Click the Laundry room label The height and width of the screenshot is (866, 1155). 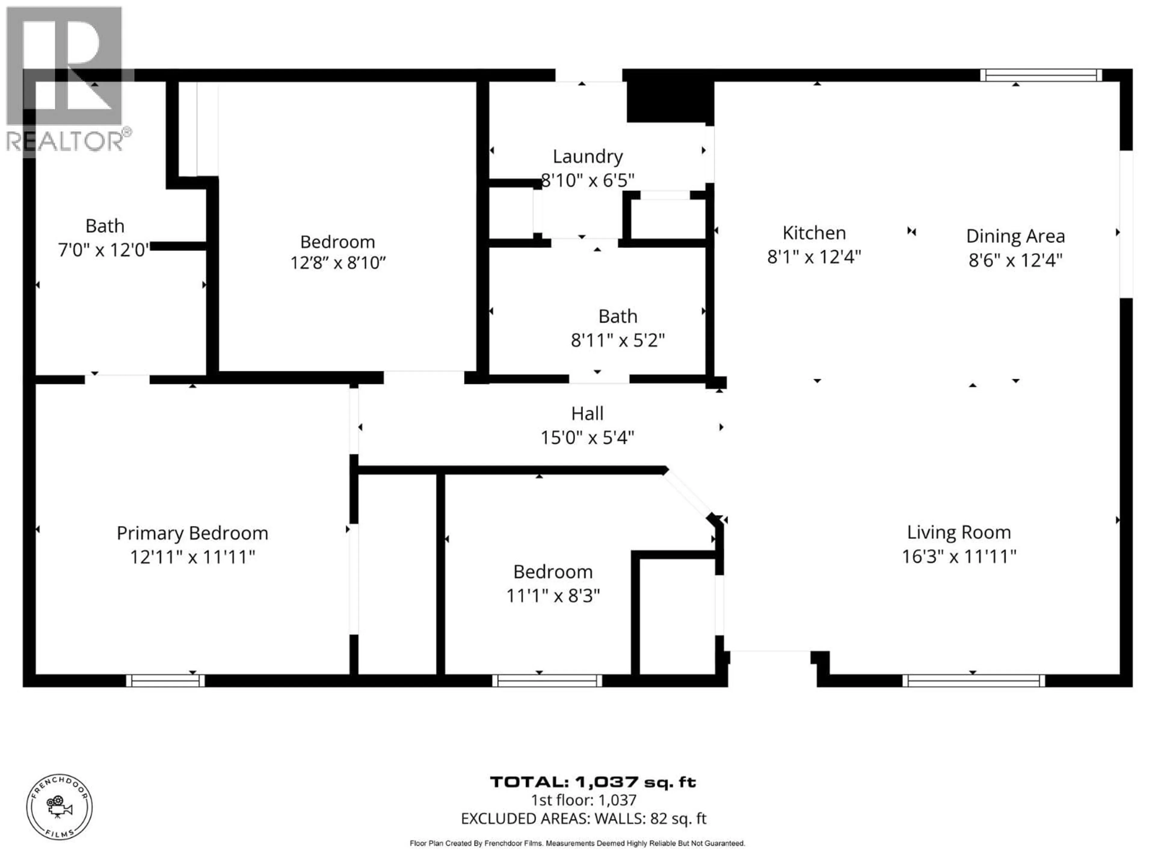[587, 157]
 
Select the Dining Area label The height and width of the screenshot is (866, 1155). [1015, 236]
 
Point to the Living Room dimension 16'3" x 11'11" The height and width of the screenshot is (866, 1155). [959, 557]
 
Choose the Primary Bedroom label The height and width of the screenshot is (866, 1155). [192, 533]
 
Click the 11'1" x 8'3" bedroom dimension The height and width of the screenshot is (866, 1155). [553, 596]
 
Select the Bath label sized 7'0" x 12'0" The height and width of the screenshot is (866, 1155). [104, 226]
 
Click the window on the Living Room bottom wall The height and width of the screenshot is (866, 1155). [973, 681]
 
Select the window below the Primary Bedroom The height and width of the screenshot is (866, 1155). [165, 681]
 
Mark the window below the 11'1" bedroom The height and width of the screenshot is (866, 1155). [547, 681]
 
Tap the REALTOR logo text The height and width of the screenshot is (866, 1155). [65, 141]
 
